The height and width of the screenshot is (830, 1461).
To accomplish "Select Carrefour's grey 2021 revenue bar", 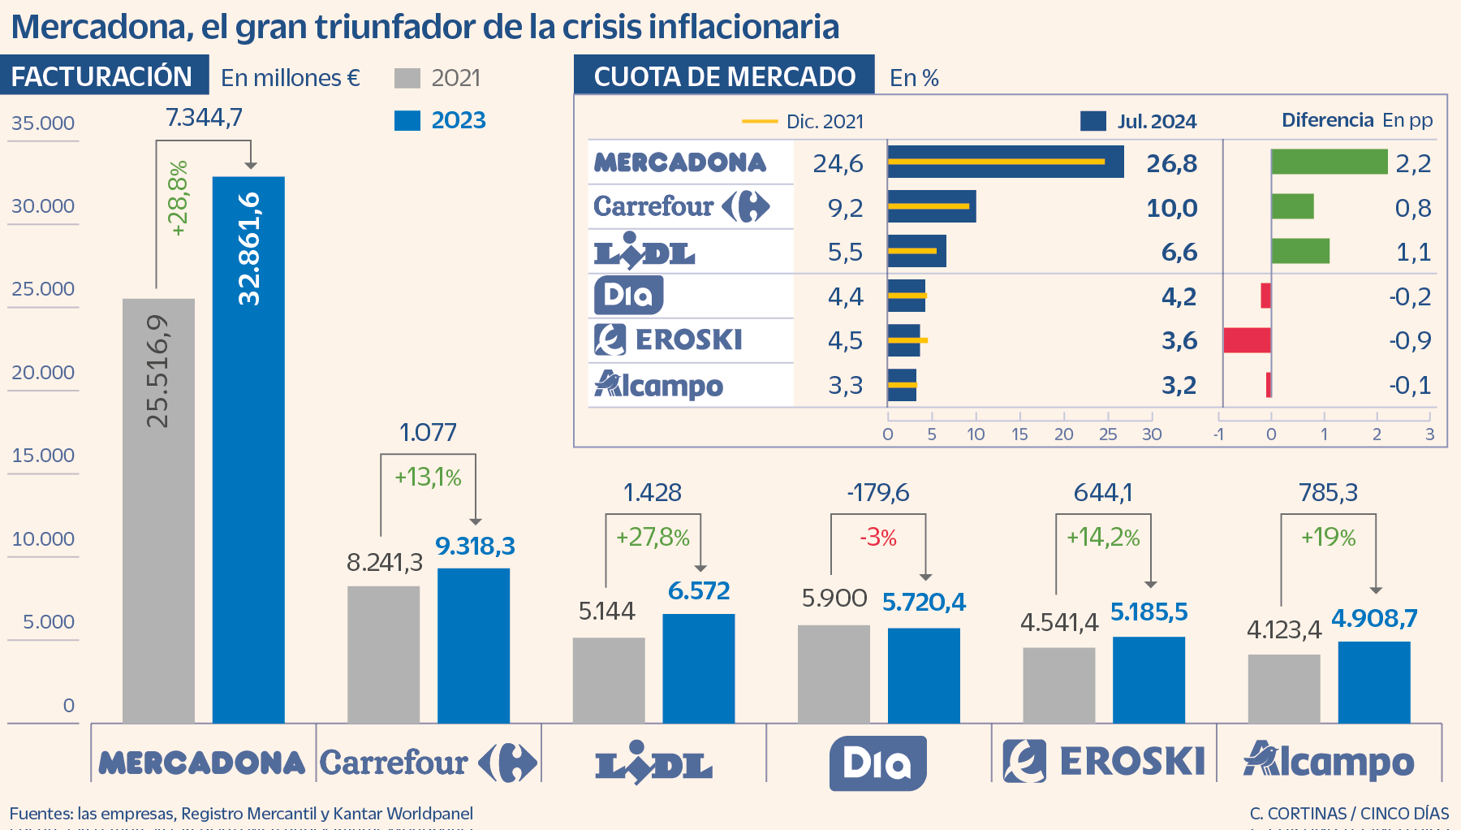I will click(383, 654).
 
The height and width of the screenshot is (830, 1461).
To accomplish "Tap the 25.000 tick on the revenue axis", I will click(43, 289).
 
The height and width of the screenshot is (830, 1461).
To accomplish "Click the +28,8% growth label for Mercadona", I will click(178, 198).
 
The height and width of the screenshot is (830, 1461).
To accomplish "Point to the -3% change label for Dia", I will click(877, 538).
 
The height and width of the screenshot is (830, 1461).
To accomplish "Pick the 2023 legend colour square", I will click(407, 120).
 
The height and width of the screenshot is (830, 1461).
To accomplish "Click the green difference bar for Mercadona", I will click(1329, 162).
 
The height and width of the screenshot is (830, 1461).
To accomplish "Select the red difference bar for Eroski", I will click(1247, 340).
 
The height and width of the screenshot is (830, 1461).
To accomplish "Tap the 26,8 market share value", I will click(1171, 164).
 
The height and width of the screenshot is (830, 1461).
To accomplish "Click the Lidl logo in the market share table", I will click(644, 251).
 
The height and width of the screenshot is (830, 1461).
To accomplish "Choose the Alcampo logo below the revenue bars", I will click(1329, 761).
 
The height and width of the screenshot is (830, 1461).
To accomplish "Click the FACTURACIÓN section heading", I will click(102, 76).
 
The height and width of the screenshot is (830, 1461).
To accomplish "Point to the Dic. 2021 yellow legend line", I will click(760, 122).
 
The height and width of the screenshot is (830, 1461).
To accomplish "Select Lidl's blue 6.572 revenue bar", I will click(698, 668).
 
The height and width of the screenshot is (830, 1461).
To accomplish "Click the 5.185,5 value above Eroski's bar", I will click(1149, 612).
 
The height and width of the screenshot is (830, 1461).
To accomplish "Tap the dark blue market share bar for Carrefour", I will click(931, 207).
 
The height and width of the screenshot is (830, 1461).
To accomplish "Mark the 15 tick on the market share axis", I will click(1019, 434).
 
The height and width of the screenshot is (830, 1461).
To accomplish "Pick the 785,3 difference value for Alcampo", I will click(1328, 492).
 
